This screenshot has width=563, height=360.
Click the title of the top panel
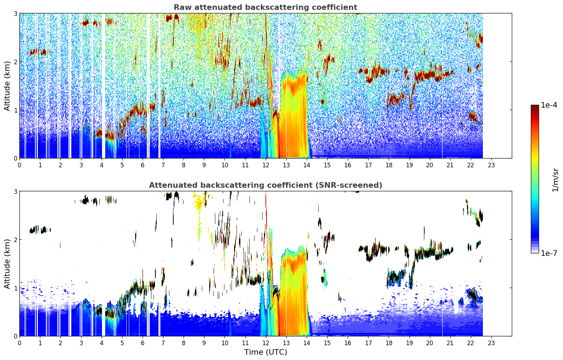[265, 7]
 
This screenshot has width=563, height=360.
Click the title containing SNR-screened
[265, 185]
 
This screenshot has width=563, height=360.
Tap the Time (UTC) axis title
[265, 352]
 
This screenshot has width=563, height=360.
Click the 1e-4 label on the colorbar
[549, 105]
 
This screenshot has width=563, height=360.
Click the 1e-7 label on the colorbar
[549, 253]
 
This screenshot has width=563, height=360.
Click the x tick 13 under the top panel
[286, 165]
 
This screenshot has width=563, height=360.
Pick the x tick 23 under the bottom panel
[491, 343]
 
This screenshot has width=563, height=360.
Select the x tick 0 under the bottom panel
[20, 343]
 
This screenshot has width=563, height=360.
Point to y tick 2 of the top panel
[15, 62]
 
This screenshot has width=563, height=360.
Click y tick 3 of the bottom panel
[15, 191]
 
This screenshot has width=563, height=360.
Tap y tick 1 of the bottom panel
[15, 288]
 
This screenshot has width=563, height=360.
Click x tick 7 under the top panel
[163, 165]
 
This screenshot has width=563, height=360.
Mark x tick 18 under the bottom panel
[389, 343]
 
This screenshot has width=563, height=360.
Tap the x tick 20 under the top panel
[430, 165]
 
